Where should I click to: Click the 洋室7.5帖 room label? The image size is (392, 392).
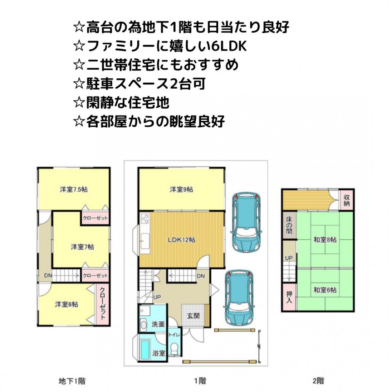74,189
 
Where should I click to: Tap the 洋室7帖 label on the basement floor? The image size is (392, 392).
82,247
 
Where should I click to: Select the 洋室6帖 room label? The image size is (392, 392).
67,304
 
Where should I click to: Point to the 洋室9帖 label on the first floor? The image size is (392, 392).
181,189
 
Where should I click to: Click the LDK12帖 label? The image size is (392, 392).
181,240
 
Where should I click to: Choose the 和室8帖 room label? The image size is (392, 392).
325,240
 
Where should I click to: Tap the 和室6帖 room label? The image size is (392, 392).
325,290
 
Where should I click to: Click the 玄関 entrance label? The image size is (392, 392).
193,316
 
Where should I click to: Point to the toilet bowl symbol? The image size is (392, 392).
174,348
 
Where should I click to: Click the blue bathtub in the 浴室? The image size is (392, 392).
144,350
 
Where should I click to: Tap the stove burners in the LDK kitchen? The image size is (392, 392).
145,219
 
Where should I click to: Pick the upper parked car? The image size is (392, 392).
247,221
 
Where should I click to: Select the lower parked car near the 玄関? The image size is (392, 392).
239,298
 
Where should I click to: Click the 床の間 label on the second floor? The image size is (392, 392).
289,225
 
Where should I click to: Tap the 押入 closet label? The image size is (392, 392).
289,297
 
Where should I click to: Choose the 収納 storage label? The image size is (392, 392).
347,200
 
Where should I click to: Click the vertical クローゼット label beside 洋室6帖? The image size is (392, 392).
102,303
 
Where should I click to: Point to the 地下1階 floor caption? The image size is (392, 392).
72,381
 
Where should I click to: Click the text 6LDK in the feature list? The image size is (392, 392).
229,46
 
